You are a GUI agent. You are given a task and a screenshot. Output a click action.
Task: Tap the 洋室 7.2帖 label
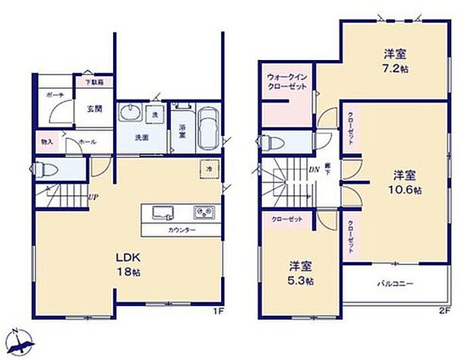pos(393,61)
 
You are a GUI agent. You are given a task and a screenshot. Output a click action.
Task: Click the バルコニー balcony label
pos(396,283)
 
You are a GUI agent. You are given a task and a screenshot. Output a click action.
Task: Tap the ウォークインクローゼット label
pos(286,82)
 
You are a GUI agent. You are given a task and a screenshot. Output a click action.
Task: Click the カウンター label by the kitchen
pos(180,229)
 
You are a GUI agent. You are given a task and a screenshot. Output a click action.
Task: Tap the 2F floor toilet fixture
pos(269,142)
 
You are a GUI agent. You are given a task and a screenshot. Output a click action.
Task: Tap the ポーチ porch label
pos(55,94)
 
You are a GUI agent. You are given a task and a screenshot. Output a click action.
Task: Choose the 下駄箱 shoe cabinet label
pos(94,81)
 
